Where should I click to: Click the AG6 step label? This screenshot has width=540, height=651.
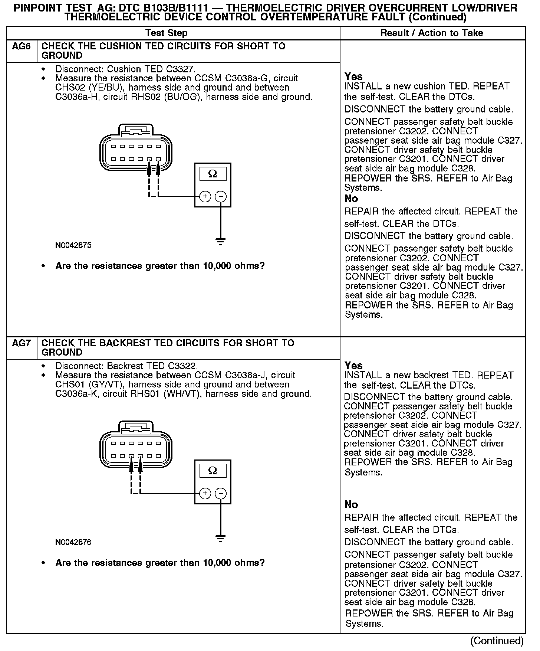[x=22, y=47]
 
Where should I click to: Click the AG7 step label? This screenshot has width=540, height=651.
[x=22, y=343]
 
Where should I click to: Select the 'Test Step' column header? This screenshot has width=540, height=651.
[x=167, y=33]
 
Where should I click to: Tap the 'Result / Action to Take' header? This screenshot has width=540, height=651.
[x=432, y=33]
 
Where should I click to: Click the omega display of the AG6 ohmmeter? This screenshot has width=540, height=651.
[x=213, y=174]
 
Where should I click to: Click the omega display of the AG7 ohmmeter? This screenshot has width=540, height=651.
[x=213, y=471]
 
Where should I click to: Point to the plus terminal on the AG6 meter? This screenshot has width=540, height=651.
[x=205, y=196]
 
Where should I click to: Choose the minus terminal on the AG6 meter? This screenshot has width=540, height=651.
[x=221, y=196]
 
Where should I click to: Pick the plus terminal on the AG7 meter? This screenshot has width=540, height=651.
[x=205, y=493]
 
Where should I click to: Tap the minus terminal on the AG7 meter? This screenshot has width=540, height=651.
[x=221, y=493]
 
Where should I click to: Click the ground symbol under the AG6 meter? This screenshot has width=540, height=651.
[x=221, y=242]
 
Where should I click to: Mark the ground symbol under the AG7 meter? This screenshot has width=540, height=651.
[x=221, y=539]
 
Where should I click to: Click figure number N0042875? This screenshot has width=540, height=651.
[x=73, y=245]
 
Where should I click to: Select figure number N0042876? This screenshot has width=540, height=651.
[x=73, y=542]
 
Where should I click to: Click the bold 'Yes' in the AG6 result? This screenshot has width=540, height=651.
[x=353, y=77]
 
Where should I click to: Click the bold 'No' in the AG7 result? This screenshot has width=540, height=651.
[x=351, y=504]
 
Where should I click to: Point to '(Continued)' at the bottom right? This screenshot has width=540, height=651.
[x=497, y=641]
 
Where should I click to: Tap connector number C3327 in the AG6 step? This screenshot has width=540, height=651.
[x=180, y=69]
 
